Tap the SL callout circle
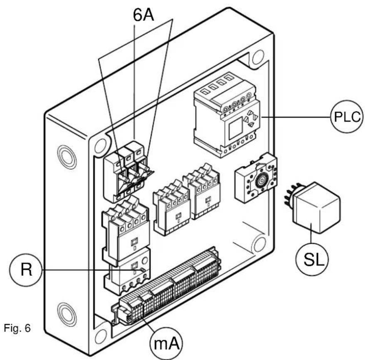(312, 259)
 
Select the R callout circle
(26, 270)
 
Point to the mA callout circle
(166, 344)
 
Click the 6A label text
(143, 15)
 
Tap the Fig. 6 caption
(17, 328)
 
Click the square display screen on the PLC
(236, 128)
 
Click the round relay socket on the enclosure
(255, 178)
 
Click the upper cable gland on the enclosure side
(67, 157)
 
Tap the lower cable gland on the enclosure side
(67, 314)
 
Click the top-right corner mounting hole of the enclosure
(258, 57)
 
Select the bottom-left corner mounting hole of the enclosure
(101, 336)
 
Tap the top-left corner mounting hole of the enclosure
(101, 146)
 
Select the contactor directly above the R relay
(125, 231)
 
